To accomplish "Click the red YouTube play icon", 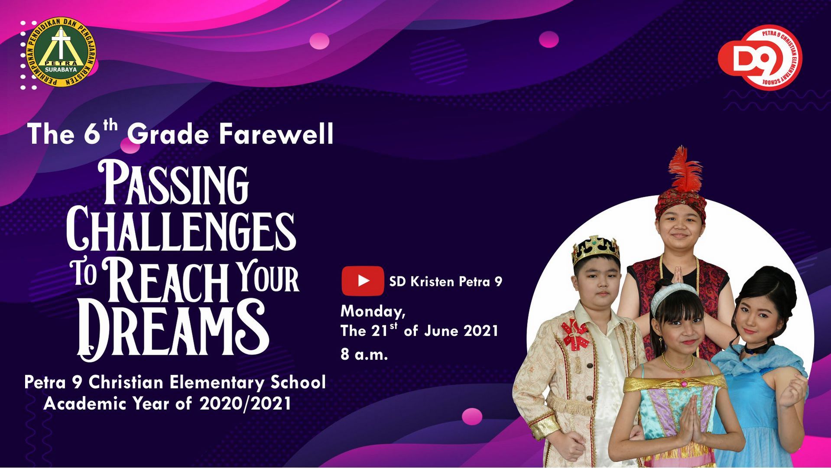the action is point(363,281).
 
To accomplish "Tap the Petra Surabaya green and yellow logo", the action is point(61,52).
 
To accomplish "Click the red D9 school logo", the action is point(760,57).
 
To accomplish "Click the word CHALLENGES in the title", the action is point(181,231).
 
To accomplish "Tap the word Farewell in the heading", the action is point(276,134).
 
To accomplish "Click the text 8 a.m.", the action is point(364,354).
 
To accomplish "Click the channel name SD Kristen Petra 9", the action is point(445,282).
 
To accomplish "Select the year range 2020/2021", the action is point(245,404).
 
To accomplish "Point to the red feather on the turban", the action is point(685,169).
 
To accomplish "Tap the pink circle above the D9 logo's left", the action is point(549,39).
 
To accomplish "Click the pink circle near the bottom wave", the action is point(472,416).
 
